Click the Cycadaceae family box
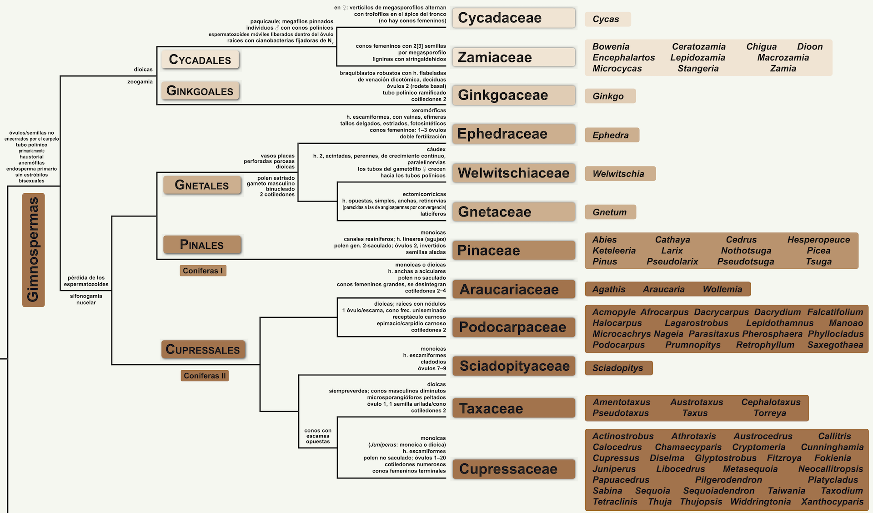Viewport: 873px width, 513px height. point(514,18)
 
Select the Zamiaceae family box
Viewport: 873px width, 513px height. point(514,57)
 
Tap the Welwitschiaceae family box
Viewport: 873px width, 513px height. point(514,173)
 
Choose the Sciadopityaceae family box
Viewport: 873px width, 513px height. point(514,366)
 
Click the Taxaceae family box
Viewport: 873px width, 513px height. point(514,408)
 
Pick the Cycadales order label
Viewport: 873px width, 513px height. point(200,60)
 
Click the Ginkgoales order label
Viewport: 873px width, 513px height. point(200,91)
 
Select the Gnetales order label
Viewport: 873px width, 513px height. point(202,185)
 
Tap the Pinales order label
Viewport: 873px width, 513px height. point(202,245)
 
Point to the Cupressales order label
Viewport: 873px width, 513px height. point(203,349)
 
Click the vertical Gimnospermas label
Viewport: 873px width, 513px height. point(33,250)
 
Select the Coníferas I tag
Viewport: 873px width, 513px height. point(203,271)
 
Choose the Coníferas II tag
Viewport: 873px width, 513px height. point(205,376)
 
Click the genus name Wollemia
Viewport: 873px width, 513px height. point(722,289)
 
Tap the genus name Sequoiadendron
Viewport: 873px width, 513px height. point(718,491)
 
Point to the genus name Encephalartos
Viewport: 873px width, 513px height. point(623,58)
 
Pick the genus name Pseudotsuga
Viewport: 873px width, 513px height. point(745,262)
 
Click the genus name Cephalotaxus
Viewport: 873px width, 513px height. point(771,402)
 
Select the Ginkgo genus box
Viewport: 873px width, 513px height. point(610,96)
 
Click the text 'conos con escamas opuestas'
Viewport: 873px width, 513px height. point(318,436)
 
